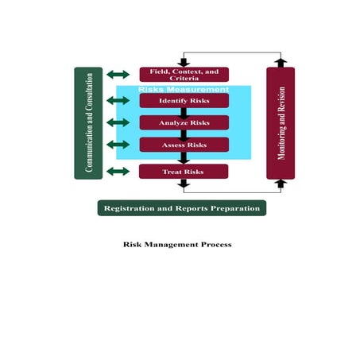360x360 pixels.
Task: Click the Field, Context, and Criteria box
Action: pyautogui.click(x=184, y=75)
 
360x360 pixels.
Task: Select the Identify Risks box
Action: pyautogui.click(x=184, y=101)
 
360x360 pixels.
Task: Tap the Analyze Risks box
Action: pyautogui.click(x=184, y=122)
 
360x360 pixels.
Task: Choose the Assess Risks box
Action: pyautogui.click(x=184, y=145)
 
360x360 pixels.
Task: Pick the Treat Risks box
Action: pyautogui.click(x=184, y=171)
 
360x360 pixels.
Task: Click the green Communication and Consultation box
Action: pyautogui.click(x=88, y=122)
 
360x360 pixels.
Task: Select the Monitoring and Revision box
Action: pyautogui.click(x=281, y=122)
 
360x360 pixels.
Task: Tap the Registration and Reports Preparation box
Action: pyautogui.click(x=181, y=208)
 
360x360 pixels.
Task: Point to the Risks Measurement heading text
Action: pyautogui.click(x=184, y=90)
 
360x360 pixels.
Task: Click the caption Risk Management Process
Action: pyautogui.click(x=177, y=245)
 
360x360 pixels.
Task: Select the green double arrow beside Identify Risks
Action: pyautogui.click(x=118, y=101)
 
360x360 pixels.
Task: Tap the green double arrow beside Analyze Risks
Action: pyautogui.click(x=118, y=122)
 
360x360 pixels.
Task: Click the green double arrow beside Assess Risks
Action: pyautogui.click(x=118, y=145)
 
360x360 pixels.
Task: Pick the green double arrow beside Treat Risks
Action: pyautogui.click(x=118, y=171)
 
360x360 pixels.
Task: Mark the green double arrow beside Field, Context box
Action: pyautogui.click(x=118, y=75)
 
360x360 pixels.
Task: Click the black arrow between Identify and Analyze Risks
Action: pyautogui.click(x=184, y=112)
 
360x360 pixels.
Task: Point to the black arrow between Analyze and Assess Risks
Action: pyautogui.click(x=184, y=134)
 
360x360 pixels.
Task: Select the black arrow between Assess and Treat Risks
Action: pyautogui.click(x=184, y=157)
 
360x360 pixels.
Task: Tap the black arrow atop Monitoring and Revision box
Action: pyautogui.click(x=281, y=62)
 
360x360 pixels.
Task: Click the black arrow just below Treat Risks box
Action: pyautogui.click(x=184, y=184)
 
